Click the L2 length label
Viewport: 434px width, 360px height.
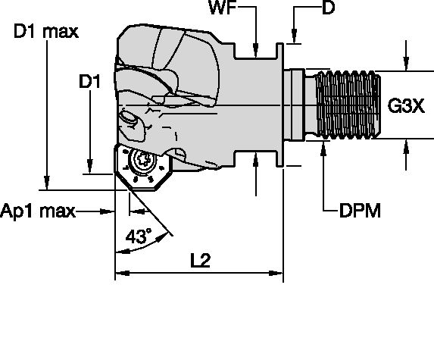click(x=199, y=260)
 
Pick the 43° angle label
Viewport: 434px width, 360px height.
click(x=138, y=236)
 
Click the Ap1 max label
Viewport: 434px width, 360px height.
click(x=39, y=211)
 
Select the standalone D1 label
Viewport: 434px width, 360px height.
click(x=90, y=80)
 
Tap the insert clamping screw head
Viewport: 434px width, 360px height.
click(x=142, y=161)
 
